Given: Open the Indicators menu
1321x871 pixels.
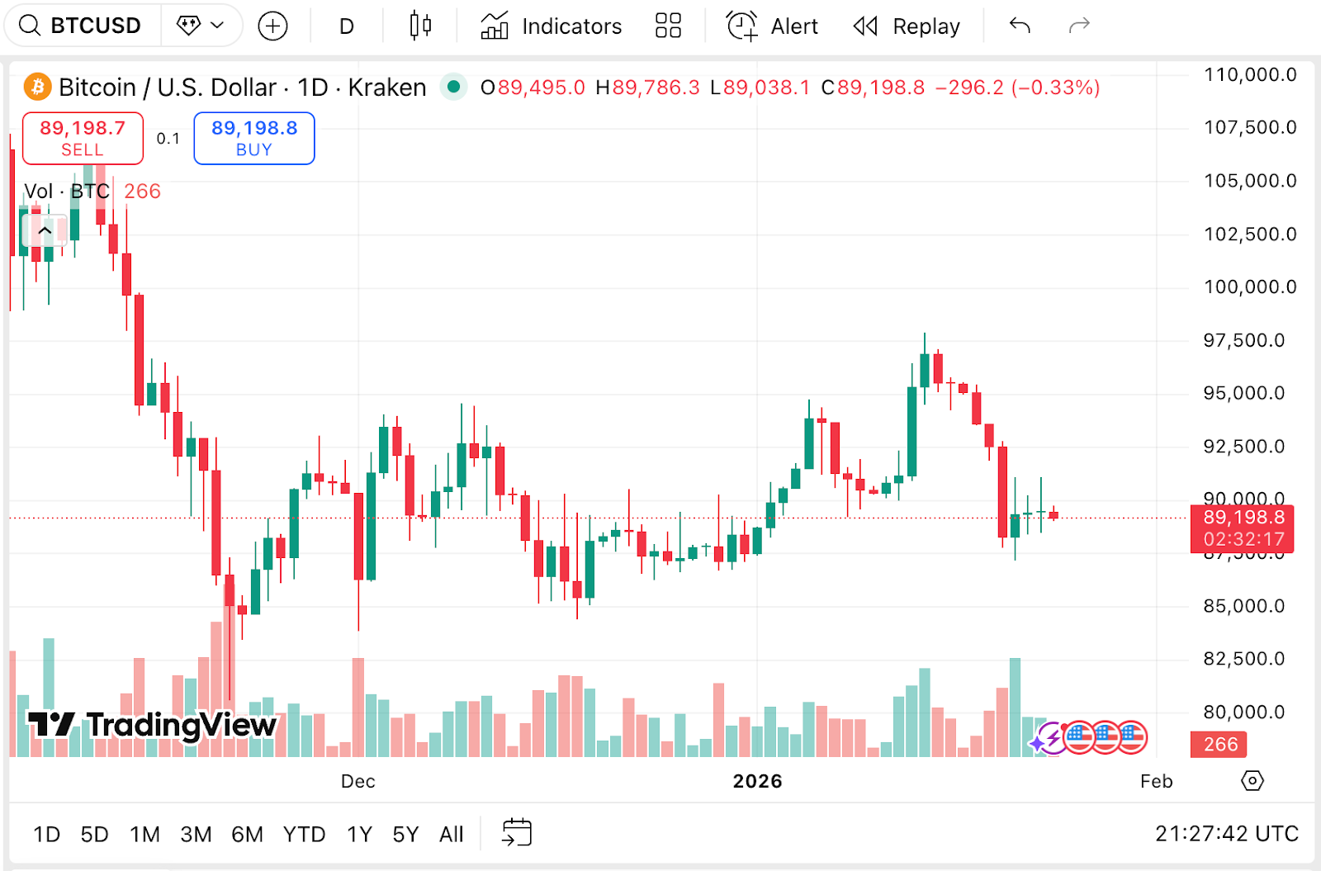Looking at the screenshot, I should [x=551, y=26].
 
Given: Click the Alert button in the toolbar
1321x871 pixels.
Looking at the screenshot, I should [x=772, y=26].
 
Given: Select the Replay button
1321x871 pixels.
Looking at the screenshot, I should [x=907, y=26].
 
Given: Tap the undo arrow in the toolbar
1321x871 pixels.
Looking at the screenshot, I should [x=1020, y=26].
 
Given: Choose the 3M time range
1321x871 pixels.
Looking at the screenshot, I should [x=196, y=835].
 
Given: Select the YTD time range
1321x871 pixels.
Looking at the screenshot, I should [x=304, y=835].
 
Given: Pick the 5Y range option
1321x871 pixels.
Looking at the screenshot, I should [x=405, y=835].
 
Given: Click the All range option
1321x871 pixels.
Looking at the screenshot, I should [x=451, y=835].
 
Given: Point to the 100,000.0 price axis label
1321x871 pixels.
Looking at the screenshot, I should [x=1250, y=287].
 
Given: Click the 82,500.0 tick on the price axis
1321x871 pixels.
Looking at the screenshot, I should [x=1243, y=659].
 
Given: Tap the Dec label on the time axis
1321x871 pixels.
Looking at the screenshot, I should [x=357, y=781].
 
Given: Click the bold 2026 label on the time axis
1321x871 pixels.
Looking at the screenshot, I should [x=757, y=781].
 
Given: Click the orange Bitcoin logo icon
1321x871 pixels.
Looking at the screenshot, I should [x=37, y=87].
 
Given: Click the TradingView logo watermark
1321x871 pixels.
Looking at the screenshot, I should [x=153, y=725].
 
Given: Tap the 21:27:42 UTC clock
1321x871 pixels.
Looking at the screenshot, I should [x=1226, y=834].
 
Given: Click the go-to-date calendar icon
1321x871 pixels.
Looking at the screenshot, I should [x=517, y=832].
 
